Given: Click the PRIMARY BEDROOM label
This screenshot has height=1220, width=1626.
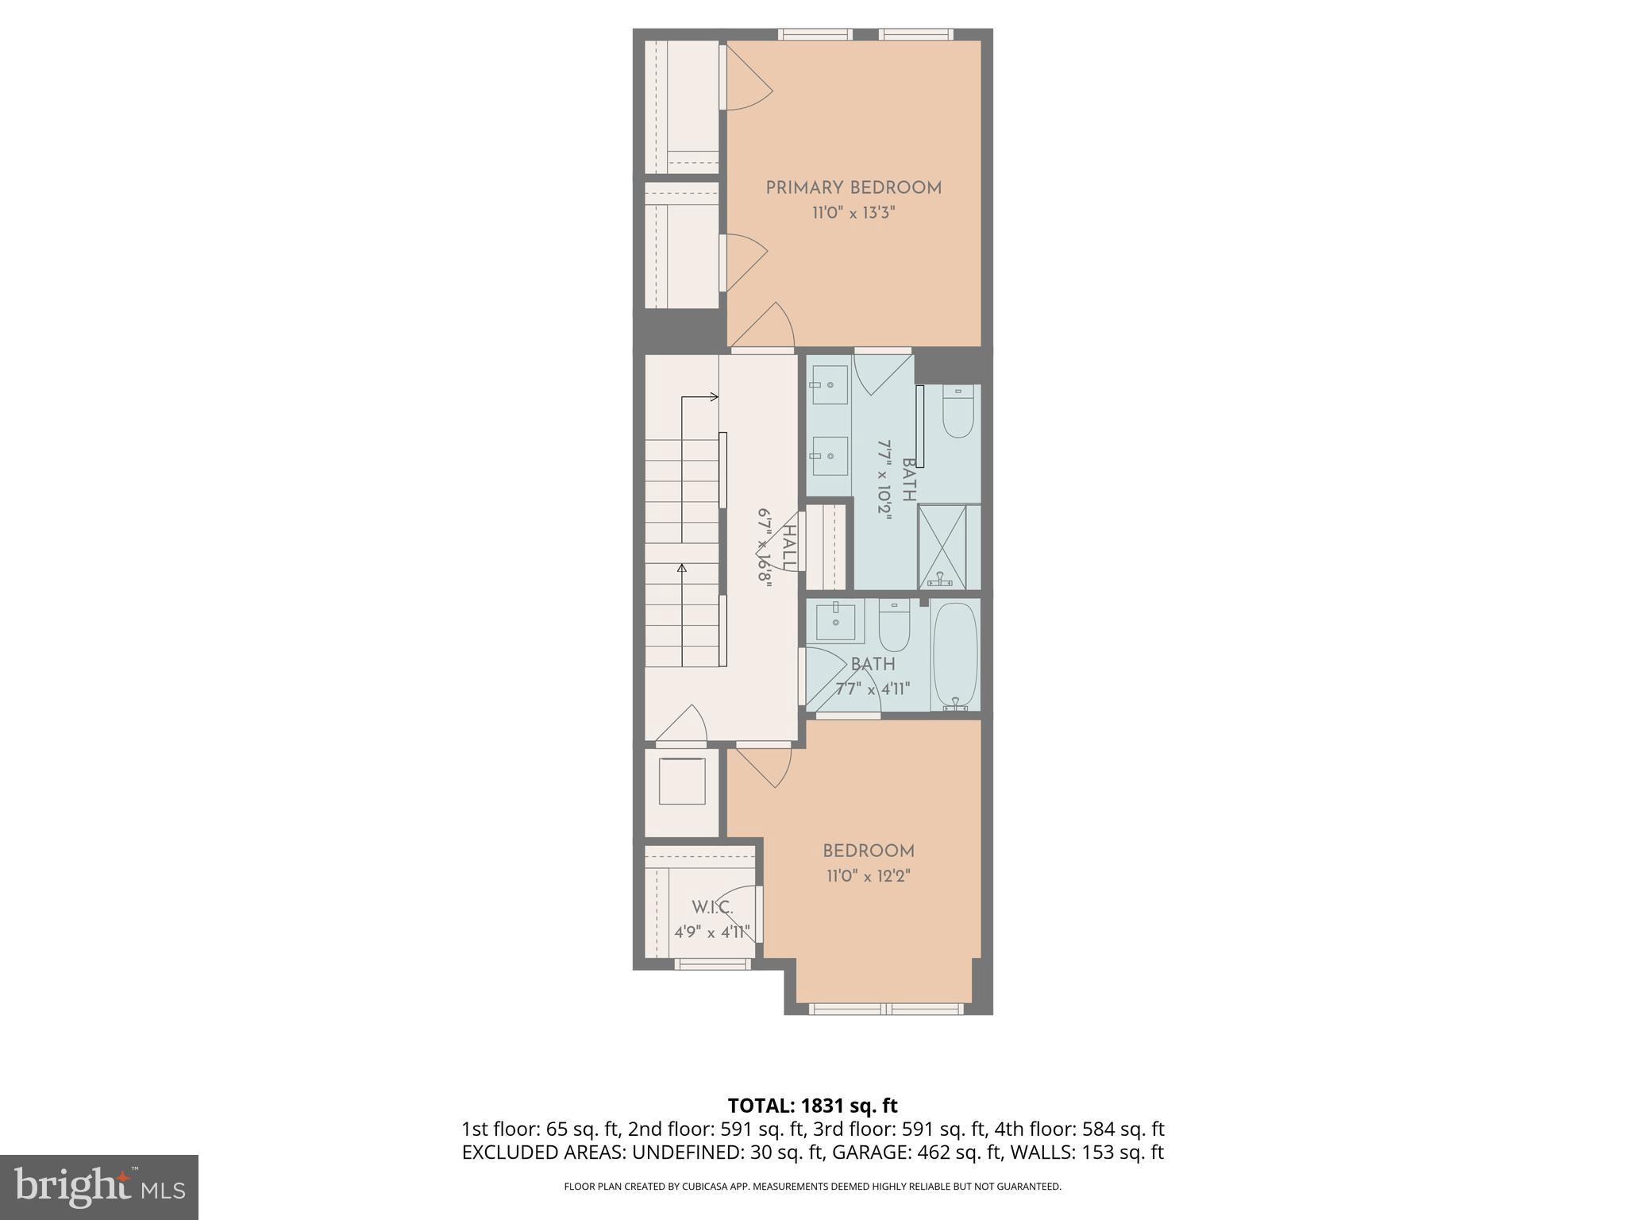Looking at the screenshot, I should point(853,188).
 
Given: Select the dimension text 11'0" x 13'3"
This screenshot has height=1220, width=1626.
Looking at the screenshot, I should point(853,213).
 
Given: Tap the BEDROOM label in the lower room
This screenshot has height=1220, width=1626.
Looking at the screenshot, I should point(869,851).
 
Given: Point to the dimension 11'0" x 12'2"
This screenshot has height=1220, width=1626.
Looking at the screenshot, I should point(869,876).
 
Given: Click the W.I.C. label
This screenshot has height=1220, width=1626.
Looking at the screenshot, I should point(711,907).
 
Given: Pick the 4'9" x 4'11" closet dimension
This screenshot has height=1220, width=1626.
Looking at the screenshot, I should point(712,932).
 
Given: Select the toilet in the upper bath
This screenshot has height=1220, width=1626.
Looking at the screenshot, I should point(959,413).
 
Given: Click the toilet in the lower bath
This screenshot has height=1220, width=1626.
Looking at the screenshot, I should point(895,627).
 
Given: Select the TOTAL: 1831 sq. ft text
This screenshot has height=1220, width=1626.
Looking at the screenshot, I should point(812,1106).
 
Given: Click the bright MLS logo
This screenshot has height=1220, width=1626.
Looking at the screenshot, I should point(99,1187).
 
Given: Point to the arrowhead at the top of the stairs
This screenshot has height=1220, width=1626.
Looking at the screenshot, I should point(714,396).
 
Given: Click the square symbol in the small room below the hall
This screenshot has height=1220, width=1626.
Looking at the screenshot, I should point(681,781).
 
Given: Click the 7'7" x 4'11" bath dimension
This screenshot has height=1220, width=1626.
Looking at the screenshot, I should point(872,689).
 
